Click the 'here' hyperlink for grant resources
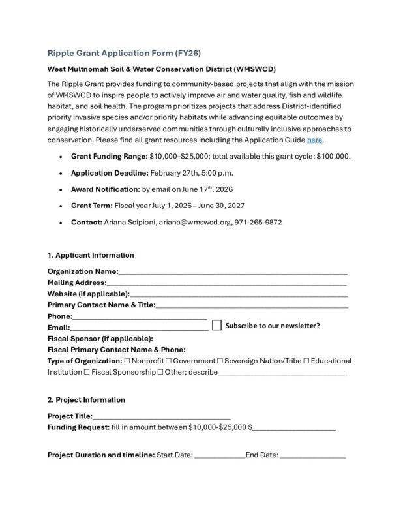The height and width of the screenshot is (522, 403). pyautogui.click(x=314, y=140)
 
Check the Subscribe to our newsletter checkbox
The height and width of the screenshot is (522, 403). pyautogui.click(x=217, y=325)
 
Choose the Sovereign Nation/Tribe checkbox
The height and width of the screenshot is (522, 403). pyautogui.click(x=220, y=361)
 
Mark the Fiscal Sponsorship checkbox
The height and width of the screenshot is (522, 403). pyautogui.click(x=87, y=373)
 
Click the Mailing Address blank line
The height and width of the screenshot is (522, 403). pyautogui.click(x=226, y=283)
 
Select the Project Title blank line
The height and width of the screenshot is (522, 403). pyautogui.click(x=161, y=416)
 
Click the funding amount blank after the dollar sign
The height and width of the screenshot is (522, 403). pyautogui.click(x=295, y=427)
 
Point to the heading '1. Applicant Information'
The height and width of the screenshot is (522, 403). pyautogui.click(x=91, y=255)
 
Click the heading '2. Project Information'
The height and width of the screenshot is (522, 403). pyautogui.click(x=86, y=399)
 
